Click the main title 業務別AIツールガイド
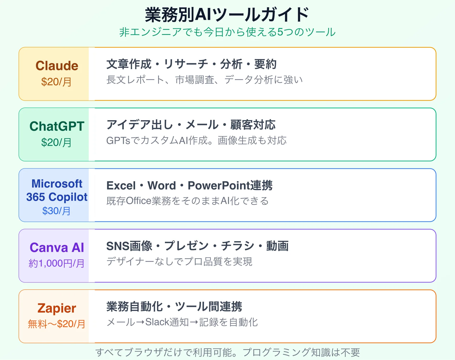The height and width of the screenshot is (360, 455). pyautogui.click(x=227, y=15)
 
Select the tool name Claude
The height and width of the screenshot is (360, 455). pyautogui.click(x=57, y=66)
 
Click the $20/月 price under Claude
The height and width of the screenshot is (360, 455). pyautogui.click(x=56, y=82)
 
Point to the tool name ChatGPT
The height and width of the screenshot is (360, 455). pyautogui.click(x=57, y=126)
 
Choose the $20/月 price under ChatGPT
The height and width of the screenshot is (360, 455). pyautogui.click(x=56, y=142)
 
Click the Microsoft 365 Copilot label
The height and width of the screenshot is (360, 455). pyautogui.click(x=57, y=190)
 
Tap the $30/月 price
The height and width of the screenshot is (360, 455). pyautogui.click(x=56, y=211)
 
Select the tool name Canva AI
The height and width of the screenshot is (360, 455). pyautogui.click(x=57, y=247)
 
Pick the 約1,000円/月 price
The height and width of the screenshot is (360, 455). pyautogui.click(x=57, y=263)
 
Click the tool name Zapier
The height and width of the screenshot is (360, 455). pyautogui.click(x=57, y=308)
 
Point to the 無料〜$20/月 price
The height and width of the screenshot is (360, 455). pyautogui.click(x=57, y=324)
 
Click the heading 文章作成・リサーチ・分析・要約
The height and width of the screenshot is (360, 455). pyautogui.click(x=191, y=64)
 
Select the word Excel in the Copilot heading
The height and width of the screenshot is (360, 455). pyautogui.click(x=121, y=186)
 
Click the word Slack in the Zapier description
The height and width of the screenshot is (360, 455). pyautogui.click(x=157, y=322)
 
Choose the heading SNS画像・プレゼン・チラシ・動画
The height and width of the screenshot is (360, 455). pyautogui.click(x=197, y=246)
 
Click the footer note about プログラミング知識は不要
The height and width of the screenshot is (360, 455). pyautogui.click(x=227, y=352)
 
